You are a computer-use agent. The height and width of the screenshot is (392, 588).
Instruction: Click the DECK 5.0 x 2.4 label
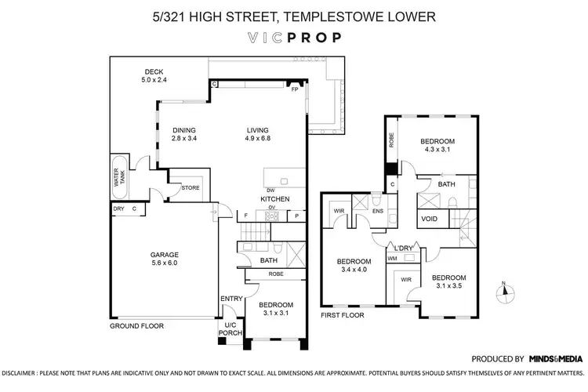click(x=154, y=76)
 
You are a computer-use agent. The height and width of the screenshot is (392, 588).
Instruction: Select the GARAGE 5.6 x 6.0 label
click(x=165, y=260)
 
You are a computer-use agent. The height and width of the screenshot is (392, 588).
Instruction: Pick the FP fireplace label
click(x=295, y=89)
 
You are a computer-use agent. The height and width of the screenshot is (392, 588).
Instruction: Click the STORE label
click(x=191, y=188)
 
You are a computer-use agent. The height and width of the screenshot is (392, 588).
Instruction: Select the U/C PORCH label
click(x=230, y=328)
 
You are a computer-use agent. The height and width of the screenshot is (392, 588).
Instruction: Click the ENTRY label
click(x=231, y=299)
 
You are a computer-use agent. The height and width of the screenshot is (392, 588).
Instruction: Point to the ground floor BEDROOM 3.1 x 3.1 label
click(x=275, y=309)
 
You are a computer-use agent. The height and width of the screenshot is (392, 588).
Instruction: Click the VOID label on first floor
click(x=430, y=219)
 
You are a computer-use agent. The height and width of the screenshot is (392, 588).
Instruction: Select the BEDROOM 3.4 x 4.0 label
click(x=354, y=266)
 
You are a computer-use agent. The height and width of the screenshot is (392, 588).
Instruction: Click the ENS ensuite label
click(x=377, y=211)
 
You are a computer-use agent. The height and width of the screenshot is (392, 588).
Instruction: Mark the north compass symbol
click(x=505, y=292)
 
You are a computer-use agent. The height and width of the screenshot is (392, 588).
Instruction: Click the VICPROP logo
click(x=294, y=37)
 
